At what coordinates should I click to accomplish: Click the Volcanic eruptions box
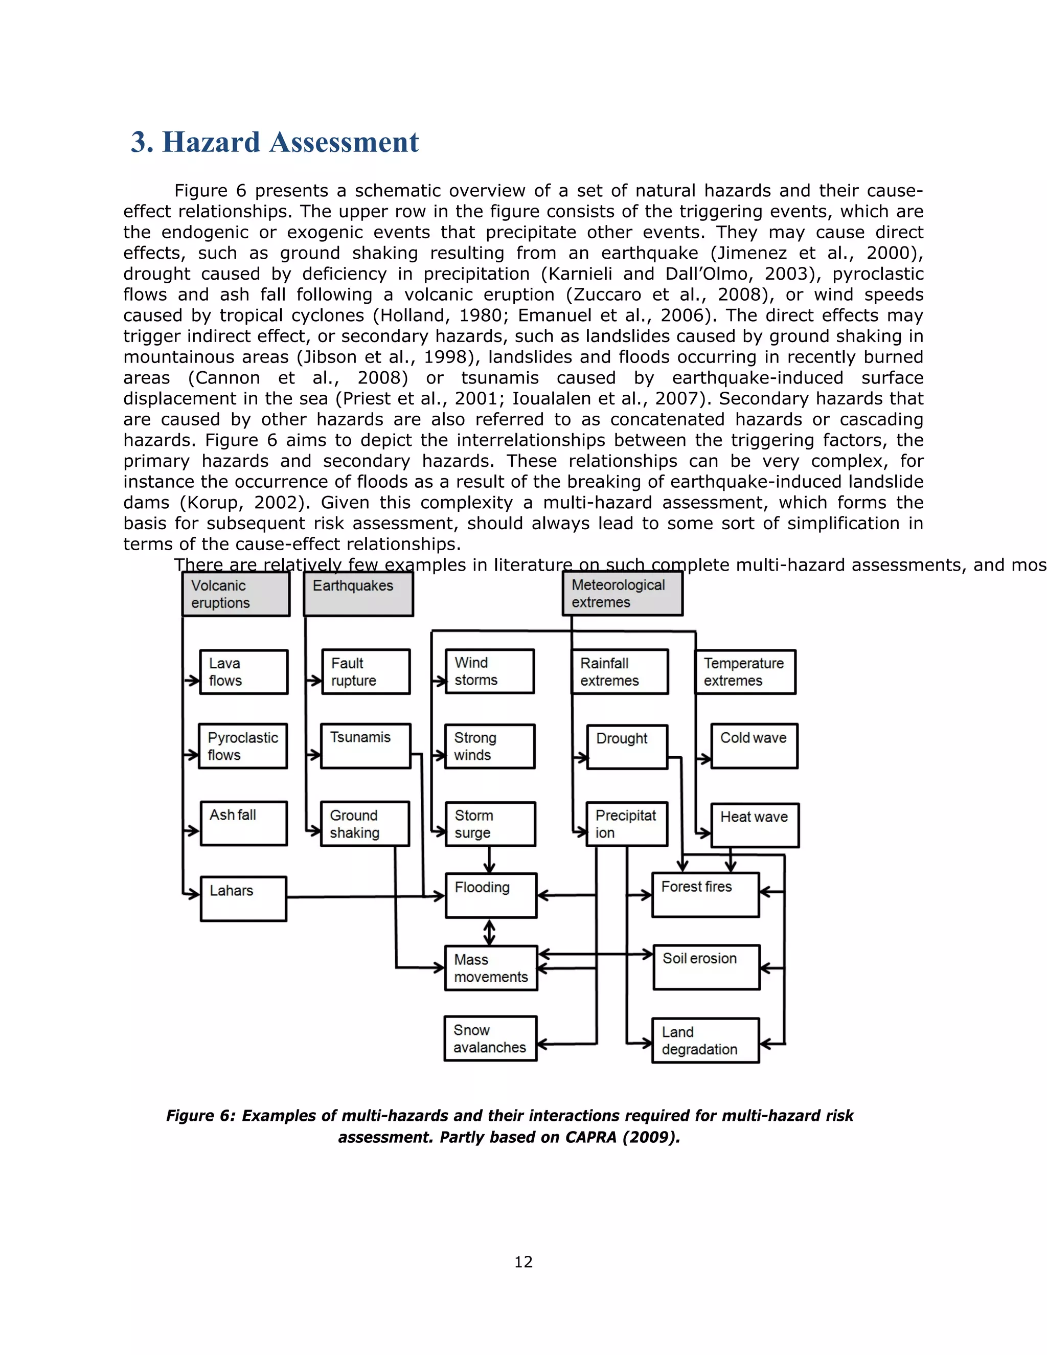pyautogui.click(x=236, y=594)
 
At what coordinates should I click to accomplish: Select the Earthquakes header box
pyautogui.click(x=358, y=594)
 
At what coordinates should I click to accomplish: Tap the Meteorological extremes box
pyautogui.click(x=622, y=593)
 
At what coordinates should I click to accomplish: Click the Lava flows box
pyautogui.click(x=243, y=672)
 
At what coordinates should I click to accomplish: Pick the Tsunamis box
pyautogui.click(x=366, y=746)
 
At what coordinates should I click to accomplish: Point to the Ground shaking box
pyautogui.click(x=365, y=824)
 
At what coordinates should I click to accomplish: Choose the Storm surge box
pyautogui.click(x=490, y=824)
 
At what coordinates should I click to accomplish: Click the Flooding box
pyautogui.click(x=491, y=895)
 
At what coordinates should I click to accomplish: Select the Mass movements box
pyautogui.click(x=491, y=968)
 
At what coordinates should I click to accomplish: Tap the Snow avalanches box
pyautogui.click(x=490, y=1038)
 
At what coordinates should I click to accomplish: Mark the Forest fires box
pyautogui.click(x=705, y=895)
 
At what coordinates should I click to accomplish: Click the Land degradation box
pyautogui.click(x=705, y=1041)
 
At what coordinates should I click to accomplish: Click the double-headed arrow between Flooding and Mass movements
pyautogui.click(x=489, y=932)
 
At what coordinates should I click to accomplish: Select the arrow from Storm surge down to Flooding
pyautogui.click(x=489, y=860)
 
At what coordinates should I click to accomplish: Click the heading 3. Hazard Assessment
pyautogui.click(x=275, y=142)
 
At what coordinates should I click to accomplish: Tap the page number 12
pyautogui.click(x=523, y=1261)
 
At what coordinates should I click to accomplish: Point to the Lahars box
pyautogui.click(x=243, y=898)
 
